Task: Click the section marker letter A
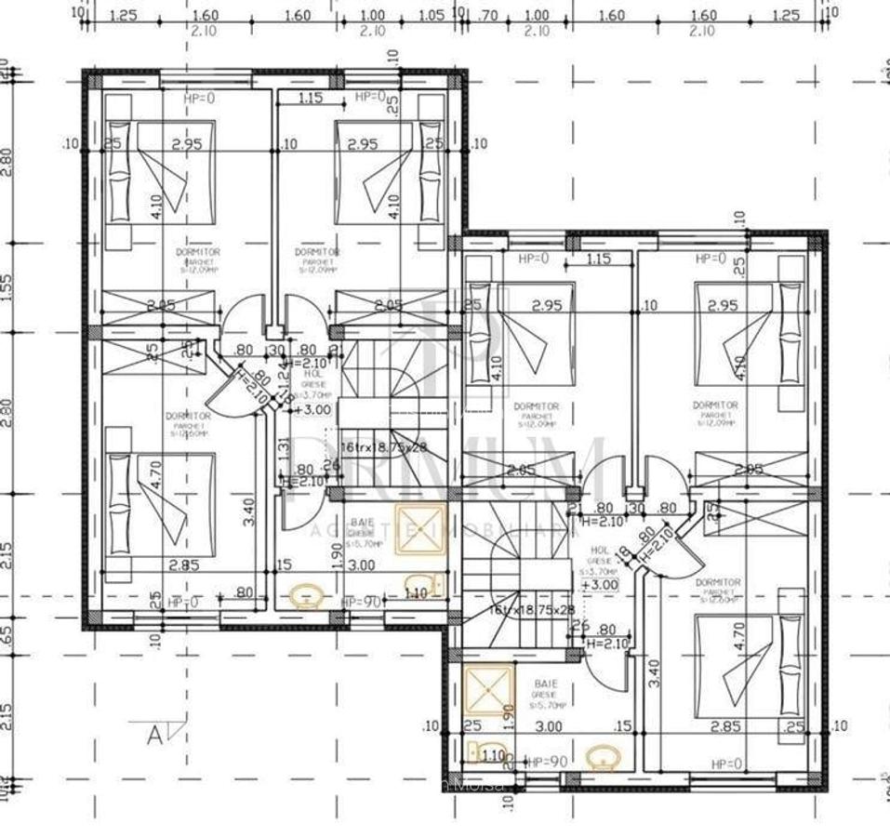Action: tap(154, 734)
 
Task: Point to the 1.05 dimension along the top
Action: tap(430, 16)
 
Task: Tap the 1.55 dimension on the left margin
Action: tap(8, 287)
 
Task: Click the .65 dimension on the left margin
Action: tap(8, 635)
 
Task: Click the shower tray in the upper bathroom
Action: tap(421, 529)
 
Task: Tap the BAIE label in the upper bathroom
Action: tap(361, 524)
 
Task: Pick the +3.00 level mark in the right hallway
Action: tap(600, 585)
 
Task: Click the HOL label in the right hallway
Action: tap(599, 551)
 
